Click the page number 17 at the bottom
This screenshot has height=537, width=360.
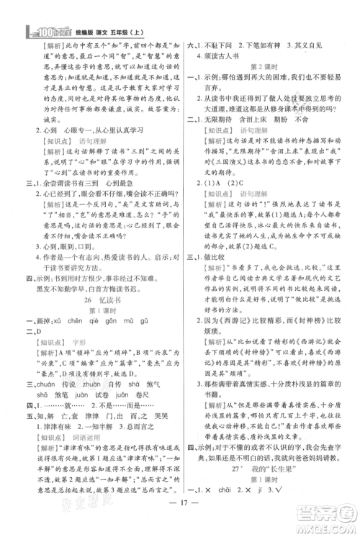coord(179,523)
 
